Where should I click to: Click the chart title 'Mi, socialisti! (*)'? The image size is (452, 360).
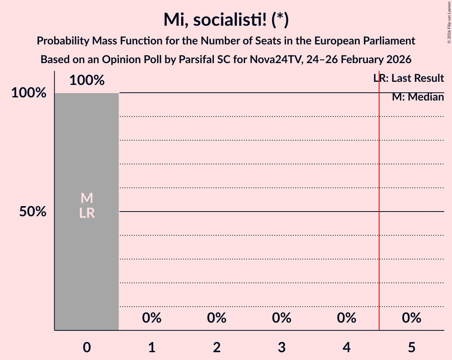click(226, 19)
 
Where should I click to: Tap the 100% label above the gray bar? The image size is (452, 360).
click(87, 81)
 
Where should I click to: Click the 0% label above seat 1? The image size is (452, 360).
click(152, 318)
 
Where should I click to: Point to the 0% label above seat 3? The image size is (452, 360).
click(282, 318)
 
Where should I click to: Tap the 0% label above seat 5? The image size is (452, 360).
click(411, 318)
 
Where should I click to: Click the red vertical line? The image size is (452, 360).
click(379, 234)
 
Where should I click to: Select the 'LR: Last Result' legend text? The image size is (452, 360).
click(408, 78)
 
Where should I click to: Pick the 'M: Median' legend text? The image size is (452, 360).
click(418, 97)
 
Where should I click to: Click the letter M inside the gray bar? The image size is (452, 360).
click(87, 198)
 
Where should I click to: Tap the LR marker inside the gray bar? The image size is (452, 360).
click(87, 213)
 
